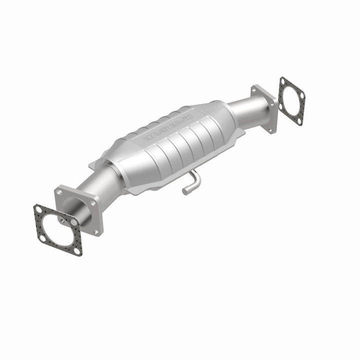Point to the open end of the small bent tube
(185, 191)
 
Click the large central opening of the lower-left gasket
(57, 229)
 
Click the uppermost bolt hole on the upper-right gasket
(282, 80)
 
